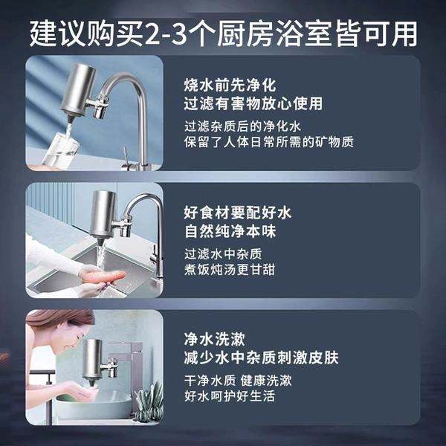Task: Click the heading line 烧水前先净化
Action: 230,85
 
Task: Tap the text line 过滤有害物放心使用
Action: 253,103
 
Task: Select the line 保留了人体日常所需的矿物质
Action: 269,142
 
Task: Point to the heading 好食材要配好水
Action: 238,213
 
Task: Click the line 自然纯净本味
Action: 230,231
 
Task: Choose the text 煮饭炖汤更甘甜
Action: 230,270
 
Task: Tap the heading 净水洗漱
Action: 214,340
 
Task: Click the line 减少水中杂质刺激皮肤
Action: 261,358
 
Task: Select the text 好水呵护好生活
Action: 230,396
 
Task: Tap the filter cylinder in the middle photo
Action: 104,213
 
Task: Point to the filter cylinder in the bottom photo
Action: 92,359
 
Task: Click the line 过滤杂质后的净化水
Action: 242,126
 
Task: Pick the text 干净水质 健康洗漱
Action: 238,381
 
